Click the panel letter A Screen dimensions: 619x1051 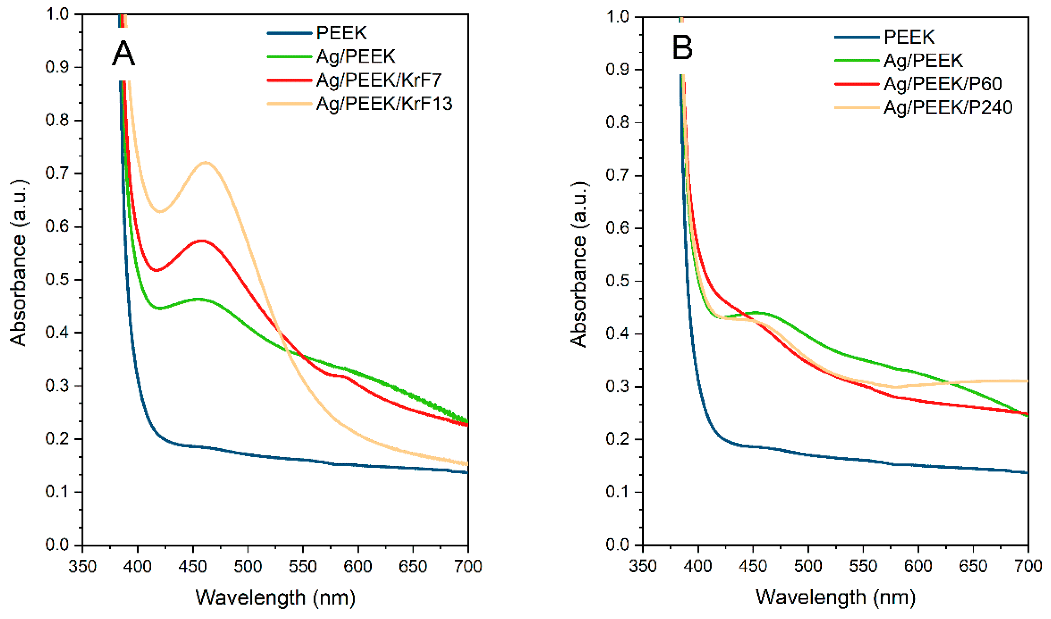click(x=124, y=54)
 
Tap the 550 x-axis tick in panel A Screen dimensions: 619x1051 click(x=303, y=566)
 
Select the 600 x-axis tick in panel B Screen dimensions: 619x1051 click(x=918, y=566)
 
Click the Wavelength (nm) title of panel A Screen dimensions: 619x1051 click(x=275, y=598)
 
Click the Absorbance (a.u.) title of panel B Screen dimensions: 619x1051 click(x=579, y=265)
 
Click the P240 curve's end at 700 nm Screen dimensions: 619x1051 click(x=1027, y=381)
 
